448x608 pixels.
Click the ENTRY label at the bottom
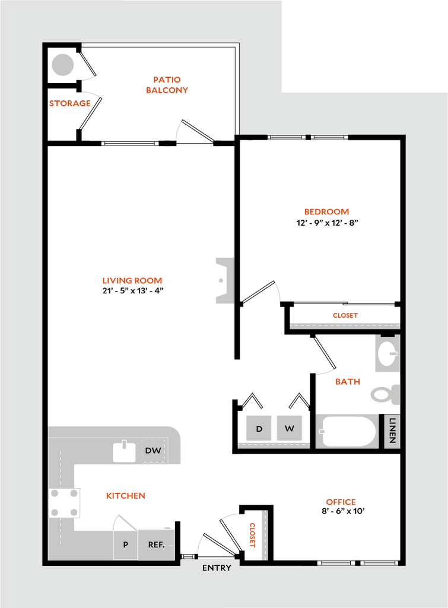click(217, 568)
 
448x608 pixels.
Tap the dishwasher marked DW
click(153, 451)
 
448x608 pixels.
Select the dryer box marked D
click(259, 428)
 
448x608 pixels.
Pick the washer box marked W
click(290, 428)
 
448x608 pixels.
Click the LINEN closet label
click(392, 431)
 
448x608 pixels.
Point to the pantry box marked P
click(126, 544)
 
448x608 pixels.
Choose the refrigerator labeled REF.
click(157, 544)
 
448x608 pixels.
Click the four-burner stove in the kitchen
click(65, 502)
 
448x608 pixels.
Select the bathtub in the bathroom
click(348, 431)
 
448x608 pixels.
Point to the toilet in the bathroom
click(385, 394)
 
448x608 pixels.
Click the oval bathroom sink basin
click(387, 354)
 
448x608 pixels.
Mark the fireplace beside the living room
click(224, 280)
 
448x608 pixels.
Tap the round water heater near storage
click(62, 65)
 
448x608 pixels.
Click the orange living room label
click(132, 281)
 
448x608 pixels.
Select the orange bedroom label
click(326, 212)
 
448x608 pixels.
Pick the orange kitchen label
click(126, 496)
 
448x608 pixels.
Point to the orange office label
click(341, 502)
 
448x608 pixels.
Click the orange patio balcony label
click(167, 85)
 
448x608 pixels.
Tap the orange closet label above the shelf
click(345, 316)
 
